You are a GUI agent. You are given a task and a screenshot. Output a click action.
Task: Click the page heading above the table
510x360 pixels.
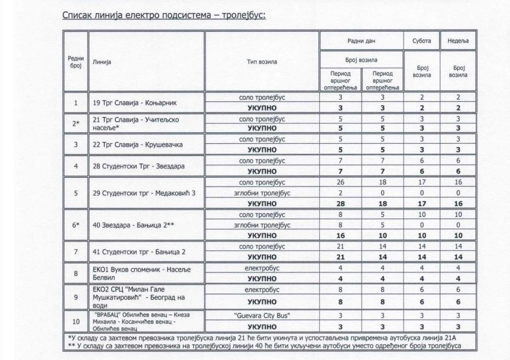164,15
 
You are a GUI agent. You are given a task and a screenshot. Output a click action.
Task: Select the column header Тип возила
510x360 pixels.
262,62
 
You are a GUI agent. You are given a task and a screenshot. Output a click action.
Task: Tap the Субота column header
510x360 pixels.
421,41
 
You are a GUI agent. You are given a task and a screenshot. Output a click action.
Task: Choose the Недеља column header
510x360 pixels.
458,41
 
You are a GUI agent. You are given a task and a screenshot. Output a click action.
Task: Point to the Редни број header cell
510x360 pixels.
76,62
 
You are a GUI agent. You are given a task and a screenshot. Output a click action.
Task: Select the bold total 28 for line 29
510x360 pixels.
340,203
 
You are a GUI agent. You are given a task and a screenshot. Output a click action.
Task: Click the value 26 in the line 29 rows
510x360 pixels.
340,182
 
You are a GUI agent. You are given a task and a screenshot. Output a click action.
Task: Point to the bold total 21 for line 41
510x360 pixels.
340,257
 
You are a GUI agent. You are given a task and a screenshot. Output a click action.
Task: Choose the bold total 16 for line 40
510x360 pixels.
340,235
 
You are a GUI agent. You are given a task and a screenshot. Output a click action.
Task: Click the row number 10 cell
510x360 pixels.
76,321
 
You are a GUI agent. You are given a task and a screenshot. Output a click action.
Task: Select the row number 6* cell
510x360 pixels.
76,224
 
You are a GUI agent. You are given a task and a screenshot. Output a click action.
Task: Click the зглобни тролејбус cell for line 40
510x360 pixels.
262,225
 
